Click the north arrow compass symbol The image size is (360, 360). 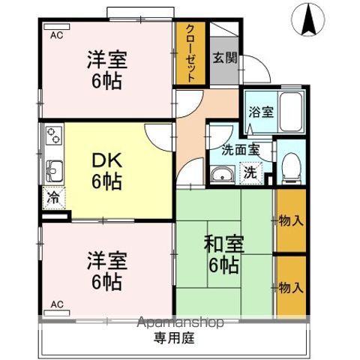coord(307,19)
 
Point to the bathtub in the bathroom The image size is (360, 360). coord(291,111)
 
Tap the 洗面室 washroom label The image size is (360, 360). coord(239,148)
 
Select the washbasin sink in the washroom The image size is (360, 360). coord(221,175)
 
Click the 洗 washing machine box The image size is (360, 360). coord(250,172)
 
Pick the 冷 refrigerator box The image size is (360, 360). coord(52,199)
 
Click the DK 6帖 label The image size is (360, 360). coord(108,171)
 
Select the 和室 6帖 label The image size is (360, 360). coord(223,254)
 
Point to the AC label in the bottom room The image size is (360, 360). coord(56,304)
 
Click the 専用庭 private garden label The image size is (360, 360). coord(174,339)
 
